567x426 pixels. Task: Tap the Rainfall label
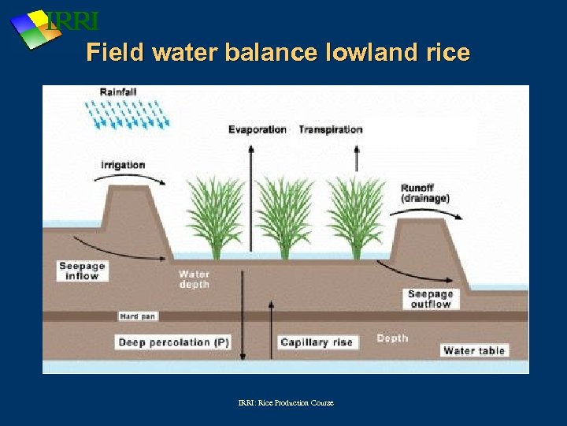point(118,92)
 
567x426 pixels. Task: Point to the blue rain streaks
point(131,114)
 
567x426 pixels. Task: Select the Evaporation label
point(258,129)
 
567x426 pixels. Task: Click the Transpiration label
point(331,129)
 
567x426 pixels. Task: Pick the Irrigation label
point(123,165)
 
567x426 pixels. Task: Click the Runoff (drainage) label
point(424,193)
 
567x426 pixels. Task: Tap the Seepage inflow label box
point(82,271)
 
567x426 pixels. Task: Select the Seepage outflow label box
point(430,299)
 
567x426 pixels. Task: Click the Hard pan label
point(138,316)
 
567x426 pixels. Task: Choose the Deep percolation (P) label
point(174,342)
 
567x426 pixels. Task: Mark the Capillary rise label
point(317,342)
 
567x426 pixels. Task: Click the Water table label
point(474,350)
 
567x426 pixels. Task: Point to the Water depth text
point(194,279)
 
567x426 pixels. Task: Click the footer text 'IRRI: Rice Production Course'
point(286,403)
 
